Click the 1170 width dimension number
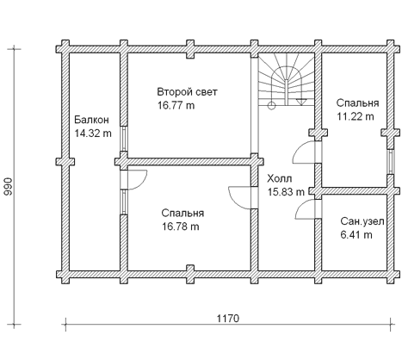228,319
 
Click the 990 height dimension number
9,187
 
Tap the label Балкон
91,120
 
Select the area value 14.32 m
93,133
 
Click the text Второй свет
187,92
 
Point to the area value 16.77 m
176,105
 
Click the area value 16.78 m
181,227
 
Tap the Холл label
280,178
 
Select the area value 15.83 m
286,192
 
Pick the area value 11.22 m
356,116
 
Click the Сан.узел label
362,221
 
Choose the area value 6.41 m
356,235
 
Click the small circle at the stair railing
271,106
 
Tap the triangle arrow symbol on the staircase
301,102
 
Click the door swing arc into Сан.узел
300,206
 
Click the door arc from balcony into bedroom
142,183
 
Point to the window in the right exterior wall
390,162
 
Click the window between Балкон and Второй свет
123,139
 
